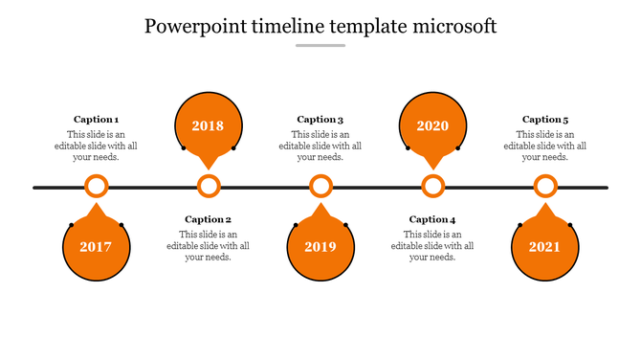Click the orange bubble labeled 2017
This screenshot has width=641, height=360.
coord(96,247)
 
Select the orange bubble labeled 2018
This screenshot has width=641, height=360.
coord(208,125)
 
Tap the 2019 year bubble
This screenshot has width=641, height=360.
coord(320,247)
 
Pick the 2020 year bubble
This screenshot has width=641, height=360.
coord(432,125)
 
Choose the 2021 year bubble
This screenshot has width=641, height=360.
coord(544,247)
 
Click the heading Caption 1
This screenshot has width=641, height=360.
coord(96,120)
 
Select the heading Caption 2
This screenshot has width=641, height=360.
coord(208,219)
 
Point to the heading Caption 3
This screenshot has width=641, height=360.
coord(320,120)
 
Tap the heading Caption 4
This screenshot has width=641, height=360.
coord(432,219)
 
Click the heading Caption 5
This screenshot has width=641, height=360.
coord(545,120)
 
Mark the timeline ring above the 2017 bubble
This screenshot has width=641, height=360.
coord(96,187)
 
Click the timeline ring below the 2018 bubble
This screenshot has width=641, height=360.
coord(209,187)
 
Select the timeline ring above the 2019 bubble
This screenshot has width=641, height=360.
coord(320,187)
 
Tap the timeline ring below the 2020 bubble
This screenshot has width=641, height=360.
coord(433,187)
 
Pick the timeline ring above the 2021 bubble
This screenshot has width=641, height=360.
coord(545,187)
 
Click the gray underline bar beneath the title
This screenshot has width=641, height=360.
coord(320,45)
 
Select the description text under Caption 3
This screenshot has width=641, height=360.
coord(320,146)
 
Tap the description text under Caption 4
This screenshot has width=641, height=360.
coord(432,245)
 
